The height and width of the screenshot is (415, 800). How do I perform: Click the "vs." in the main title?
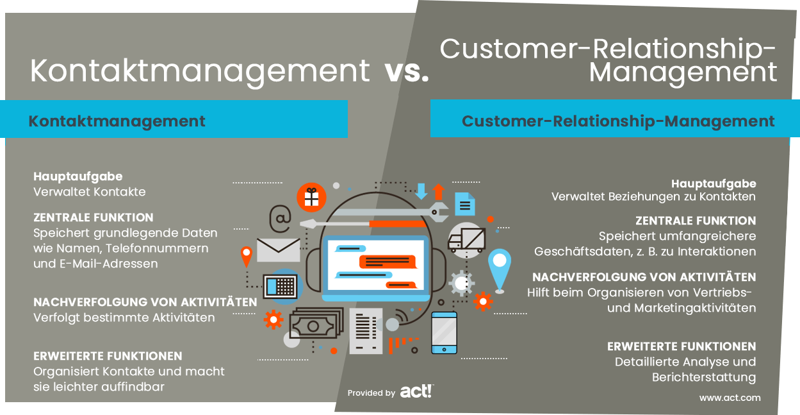407,72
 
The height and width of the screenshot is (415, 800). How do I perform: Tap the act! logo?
417,391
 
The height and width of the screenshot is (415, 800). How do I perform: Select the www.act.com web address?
730,398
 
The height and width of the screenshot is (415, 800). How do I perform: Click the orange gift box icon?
311,197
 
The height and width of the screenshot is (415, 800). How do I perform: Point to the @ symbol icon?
281,218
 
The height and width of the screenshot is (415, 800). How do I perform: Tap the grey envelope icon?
278,250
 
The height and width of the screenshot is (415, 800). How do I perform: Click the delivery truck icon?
467,240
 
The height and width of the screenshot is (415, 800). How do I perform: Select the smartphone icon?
444,333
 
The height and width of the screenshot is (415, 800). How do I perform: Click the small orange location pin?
247,257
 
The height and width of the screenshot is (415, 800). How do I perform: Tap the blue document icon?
464,204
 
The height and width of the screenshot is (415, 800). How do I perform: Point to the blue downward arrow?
421,191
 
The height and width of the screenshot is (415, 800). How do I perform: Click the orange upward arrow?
439,192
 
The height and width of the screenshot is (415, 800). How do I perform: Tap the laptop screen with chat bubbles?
376,265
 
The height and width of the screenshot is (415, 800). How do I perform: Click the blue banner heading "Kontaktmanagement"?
117,121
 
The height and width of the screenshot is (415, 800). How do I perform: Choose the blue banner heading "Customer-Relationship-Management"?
618,121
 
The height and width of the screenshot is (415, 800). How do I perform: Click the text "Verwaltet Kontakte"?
89,192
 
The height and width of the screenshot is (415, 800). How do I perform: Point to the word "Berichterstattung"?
704,377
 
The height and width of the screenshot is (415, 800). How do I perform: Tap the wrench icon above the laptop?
389,212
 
